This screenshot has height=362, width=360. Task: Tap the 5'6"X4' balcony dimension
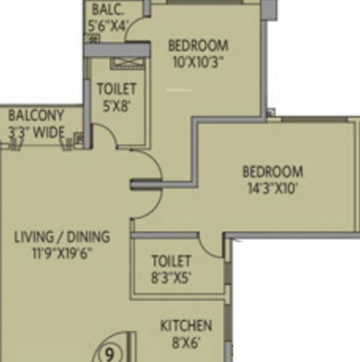(108, 25)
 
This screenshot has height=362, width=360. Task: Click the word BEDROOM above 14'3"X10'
(273, 172)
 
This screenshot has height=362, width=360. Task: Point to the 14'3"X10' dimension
(273, 188)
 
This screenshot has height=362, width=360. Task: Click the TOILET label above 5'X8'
(117, 89)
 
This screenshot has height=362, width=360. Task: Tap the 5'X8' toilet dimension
(117, 106)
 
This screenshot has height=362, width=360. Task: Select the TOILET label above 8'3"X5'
(171, 261)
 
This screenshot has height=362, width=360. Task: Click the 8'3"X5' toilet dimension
(171, 278)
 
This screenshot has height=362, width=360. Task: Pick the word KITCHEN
(186, 326)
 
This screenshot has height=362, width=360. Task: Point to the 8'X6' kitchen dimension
(186, 343)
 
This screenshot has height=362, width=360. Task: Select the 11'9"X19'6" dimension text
(62, 253)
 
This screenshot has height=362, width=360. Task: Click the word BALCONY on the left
(36, 115)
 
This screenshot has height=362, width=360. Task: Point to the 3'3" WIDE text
(36, 132)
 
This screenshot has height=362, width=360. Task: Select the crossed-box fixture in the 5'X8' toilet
(127, 64)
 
